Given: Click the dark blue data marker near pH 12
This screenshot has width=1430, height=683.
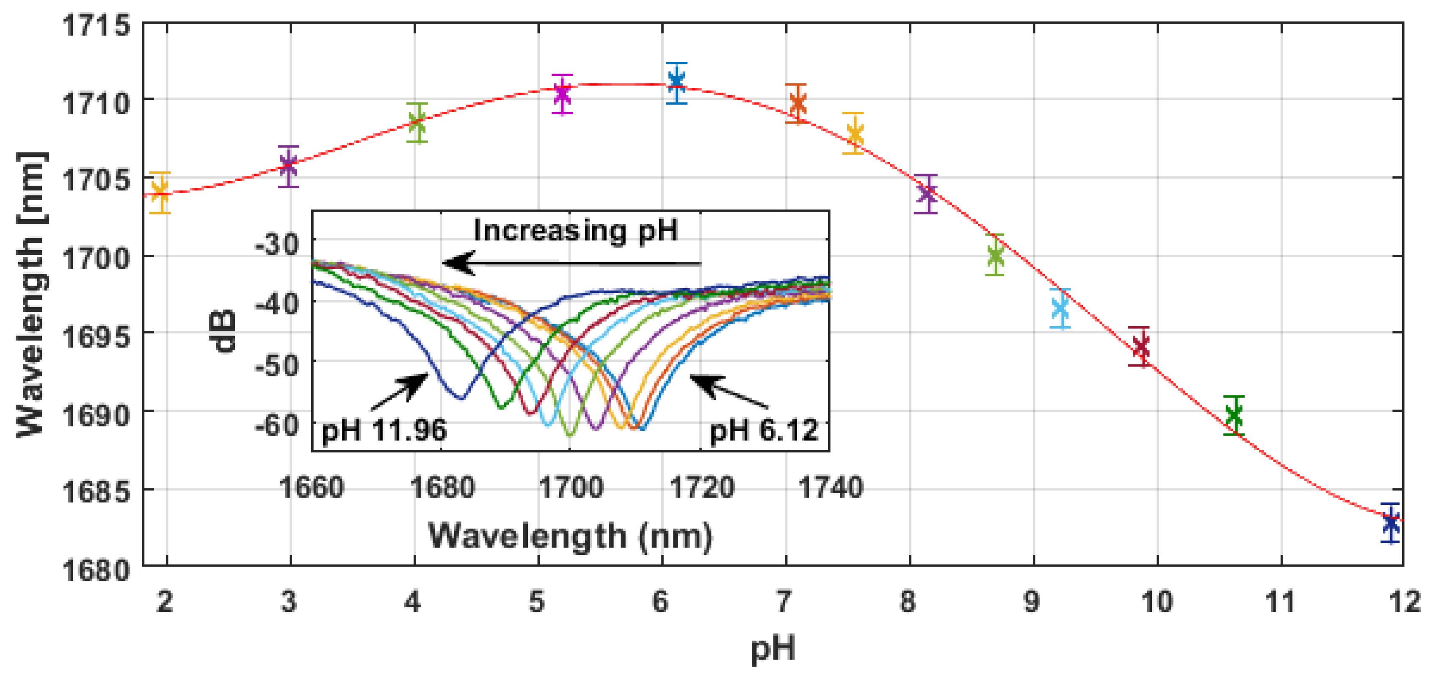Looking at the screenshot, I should pos(1391,523).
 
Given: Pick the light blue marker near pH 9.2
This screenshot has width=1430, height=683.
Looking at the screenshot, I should pos(1060,308).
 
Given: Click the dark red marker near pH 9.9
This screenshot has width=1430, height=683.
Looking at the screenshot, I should pos(1141,347).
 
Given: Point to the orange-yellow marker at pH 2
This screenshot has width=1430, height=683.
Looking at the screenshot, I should pos(160,193).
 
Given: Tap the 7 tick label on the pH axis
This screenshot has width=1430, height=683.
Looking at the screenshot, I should pos(783,601).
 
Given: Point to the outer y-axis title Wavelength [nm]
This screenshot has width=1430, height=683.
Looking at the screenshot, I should pos(30,294).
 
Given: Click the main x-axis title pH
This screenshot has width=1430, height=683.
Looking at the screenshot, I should pos(773,648).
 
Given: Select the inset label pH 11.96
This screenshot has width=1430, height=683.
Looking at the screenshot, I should pos(384,430).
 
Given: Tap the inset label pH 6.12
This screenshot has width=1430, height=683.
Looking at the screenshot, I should pos(764,430).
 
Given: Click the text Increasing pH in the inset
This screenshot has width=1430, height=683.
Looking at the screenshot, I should pos(576,230).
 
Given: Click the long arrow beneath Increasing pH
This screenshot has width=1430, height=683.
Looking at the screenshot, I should pos(572,263).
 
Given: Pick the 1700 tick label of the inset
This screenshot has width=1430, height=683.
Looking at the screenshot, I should pos(571,487).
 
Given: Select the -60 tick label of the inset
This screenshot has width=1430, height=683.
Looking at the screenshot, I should pos(277,426).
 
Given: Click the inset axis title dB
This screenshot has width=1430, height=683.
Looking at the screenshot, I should pos(225,331).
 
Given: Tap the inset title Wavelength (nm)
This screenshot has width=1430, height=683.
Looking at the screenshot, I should pos(570,536).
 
